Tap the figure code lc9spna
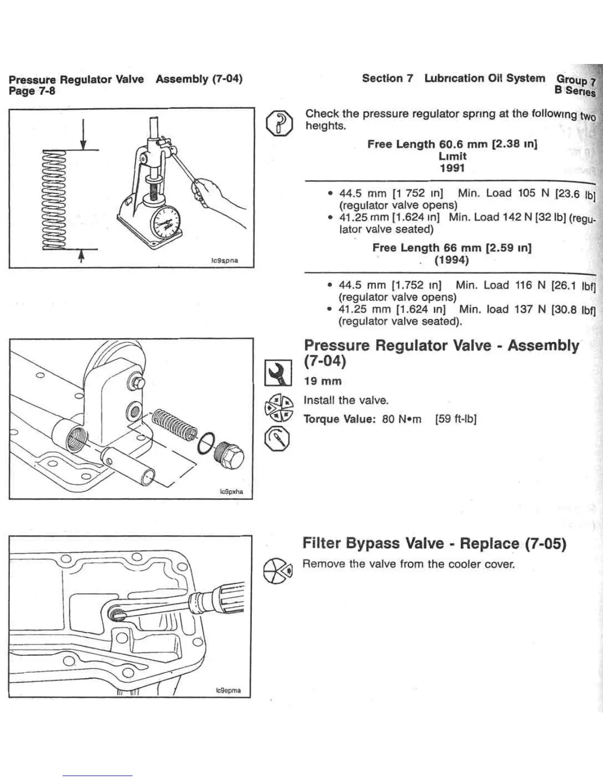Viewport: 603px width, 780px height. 225,260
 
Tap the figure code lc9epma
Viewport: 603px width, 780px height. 229,690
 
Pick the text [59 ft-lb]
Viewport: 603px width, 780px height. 456,419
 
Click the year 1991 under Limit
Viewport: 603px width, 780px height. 452,168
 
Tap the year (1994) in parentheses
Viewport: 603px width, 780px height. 451,260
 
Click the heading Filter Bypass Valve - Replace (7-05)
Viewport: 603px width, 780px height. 434,543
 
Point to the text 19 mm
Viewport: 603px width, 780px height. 323,381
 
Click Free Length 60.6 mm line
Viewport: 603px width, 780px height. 452,144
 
